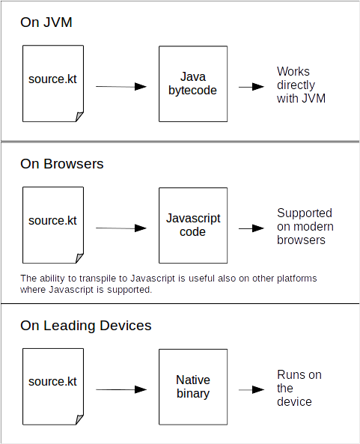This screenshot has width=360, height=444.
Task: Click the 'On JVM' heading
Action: point(46,22)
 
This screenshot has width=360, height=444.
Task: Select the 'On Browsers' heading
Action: point(61,164)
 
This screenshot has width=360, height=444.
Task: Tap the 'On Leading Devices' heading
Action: point(86,326)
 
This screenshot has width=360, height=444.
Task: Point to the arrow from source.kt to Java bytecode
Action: point(121,86)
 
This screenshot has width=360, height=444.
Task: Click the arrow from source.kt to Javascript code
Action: point(121,228)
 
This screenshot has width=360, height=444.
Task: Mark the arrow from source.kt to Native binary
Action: point(121,389)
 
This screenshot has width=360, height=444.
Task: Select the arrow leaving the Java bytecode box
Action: point(251,87)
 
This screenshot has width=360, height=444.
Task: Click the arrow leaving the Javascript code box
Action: point(251,228)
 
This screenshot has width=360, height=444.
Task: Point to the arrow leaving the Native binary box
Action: point(251,390)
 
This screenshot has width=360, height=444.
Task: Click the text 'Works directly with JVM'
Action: point(301,85)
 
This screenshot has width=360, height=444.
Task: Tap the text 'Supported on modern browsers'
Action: point(305,227)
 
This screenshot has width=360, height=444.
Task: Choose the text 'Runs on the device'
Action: point(299,388)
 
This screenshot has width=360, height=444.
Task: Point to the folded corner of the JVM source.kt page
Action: point(79,117)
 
